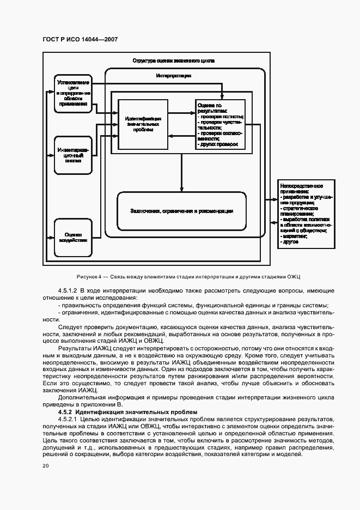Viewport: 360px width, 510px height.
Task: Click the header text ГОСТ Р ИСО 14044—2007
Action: [80, 39]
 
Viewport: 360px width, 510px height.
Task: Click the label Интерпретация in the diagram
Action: [173, 76]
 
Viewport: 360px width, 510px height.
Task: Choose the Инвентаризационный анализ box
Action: [73, 154]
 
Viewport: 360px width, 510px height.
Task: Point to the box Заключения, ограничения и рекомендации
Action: [181, 211]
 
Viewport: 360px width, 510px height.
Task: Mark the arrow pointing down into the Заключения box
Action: [181, 174]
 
